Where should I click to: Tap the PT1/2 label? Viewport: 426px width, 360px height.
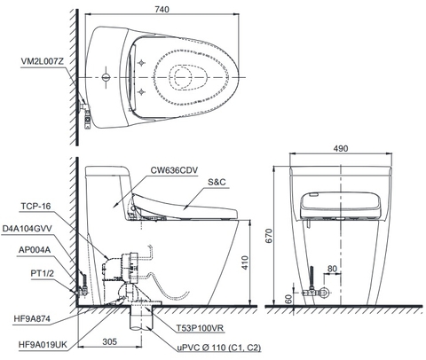click(42, 274)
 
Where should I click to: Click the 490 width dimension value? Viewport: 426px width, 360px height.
click(343, 152)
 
